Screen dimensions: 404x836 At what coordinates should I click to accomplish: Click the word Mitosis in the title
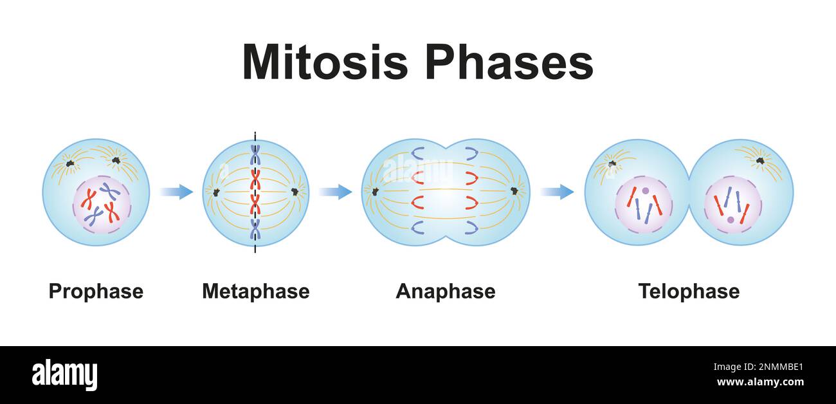click(325, 63)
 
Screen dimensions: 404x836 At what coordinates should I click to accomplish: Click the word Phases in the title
click(508, 63)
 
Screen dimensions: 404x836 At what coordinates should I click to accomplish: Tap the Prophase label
click(96, 291)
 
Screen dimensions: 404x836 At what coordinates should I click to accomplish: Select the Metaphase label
click(255, 291)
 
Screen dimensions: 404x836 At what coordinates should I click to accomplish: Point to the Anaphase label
click(445, 291)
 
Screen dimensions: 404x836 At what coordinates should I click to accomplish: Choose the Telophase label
click(688, 291)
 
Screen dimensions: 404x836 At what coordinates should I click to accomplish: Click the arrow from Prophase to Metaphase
click(176, 192)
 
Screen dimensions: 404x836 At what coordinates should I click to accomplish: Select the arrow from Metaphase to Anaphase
click(335, 192)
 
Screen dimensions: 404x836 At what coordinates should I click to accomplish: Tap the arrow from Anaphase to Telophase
click(557, 192)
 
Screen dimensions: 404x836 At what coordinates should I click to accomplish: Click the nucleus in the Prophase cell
click(102, 205)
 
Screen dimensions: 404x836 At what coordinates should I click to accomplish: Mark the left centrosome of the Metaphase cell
click(215, 192)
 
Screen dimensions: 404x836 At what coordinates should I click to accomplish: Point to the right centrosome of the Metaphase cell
click(295, 192)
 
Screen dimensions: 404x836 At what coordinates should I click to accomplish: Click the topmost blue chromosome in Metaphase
click(255, 155)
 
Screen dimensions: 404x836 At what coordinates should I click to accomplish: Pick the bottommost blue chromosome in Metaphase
click(255, 228)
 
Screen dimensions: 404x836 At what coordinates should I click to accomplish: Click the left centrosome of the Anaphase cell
click(375, 191)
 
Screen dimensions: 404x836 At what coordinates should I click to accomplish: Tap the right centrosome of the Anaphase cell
click(514, 191)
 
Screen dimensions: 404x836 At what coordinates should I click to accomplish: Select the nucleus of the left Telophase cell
click(643, 205)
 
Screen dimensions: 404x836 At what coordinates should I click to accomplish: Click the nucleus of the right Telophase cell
click(732, 205)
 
